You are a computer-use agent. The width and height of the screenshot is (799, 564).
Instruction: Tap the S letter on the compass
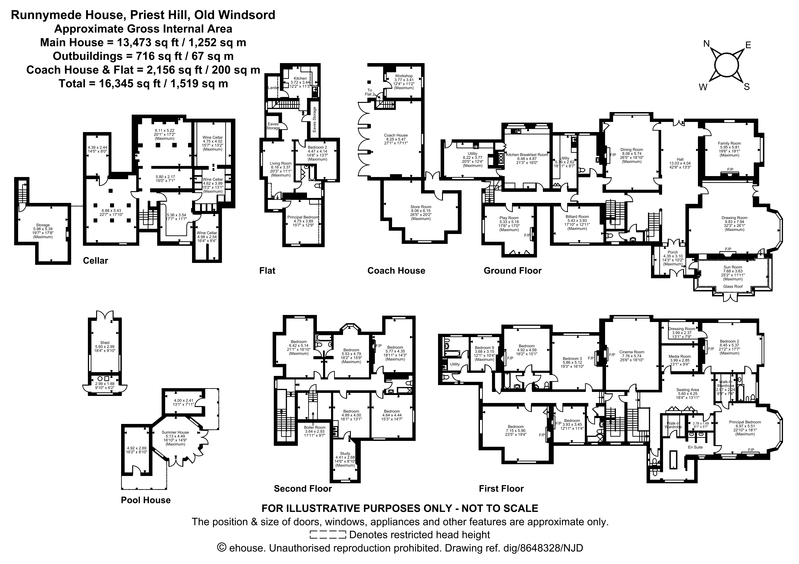click(x=746, y=87)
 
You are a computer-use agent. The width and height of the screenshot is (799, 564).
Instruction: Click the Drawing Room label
click(x=734, y=218)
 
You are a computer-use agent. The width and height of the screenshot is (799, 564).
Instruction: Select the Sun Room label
click(x=733, y=267)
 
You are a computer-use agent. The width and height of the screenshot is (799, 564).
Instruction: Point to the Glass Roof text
click(x=733, y=286)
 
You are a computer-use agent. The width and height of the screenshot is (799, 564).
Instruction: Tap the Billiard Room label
click(x=577, y=217)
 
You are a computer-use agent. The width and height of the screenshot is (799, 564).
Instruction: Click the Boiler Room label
click(x=315, y=427)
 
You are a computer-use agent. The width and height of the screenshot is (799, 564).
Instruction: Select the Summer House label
click(x=175, y=432)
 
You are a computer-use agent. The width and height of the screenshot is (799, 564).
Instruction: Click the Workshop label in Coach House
click(x=404, y=76)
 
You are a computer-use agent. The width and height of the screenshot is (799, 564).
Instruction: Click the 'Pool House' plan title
click(x=146, y=500)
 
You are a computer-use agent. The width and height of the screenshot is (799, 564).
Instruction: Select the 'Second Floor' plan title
click(x=303, y=488)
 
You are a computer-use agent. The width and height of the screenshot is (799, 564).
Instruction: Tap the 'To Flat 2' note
click(x=369, y=92)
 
